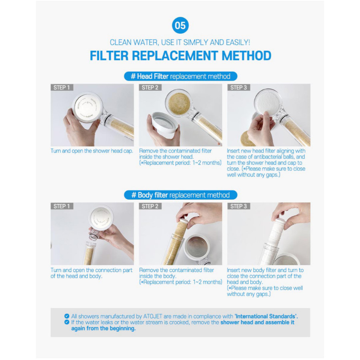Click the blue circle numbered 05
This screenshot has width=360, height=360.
pos(180,25)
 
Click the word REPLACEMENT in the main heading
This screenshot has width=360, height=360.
pos(175,56)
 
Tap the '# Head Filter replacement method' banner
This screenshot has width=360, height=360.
pos(180,76)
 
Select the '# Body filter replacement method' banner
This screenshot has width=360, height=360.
pos(180,195)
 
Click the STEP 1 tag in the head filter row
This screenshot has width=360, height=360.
pos(62,88)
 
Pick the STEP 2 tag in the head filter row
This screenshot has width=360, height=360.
pos(150,88)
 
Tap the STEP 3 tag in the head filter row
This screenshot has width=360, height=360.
pos(238,88)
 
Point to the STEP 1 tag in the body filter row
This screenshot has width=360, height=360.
pos(62,206)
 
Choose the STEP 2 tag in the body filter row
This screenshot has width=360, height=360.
pos(150,206)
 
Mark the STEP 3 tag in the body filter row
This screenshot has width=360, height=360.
pos(238,206)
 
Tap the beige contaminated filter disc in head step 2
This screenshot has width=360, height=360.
pos(179,103)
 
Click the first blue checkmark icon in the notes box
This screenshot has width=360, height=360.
pos(67,316)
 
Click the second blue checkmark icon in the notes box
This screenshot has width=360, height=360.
pos(67,322)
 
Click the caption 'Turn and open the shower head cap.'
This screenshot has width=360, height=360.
pos(92,151)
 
